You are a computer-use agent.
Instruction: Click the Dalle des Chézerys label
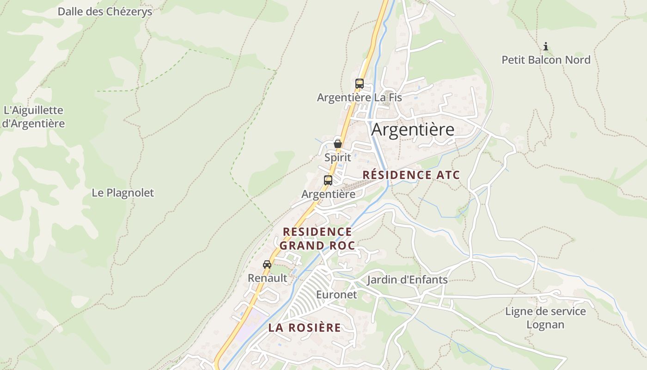[x=104, y=12]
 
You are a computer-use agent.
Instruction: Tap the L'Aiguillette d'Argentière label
[x=33, y=117]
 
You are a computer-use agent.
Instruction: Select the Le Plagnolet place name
[x=122, y=193]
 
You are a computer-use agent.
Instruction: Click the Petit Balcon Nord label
[x=546, y=60]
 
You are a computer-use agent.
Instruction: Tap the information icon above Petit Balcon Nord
[x=546, y=46]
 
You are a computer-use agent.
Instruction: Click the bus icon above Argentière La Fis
[x=359, y=84]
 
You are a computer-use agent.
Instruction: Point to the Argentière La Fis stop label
[x=359, y=98]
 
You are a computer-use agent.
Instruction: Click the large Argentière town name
[x=413, y=129]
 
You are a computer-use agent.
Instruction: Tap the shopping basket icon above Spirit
[x=338, y=144]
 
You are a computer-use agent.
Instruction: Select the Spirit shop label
[x=337, y=157]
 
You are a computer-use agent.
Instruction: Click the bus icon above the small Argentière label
[x=328, y=180]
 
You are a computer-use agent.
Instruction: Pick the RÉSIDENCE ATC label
[x=411, y=175]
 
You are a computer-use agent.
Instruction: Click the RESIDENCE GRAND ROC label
[x=317, y=238]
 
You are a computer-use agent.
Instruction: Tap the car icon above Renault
[x=267, y=265]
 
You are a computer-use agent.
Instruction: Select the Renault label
[x=267, y=278]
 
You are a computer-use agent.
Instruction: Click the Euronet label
[x=336, y=295]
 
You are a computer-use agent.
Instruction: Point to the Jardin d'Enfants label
[x=407, y=280]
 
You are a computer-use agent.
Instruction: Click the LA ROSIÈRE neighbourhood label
[x=305, y=328]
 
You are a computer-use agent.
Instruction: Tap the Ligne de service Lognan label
[x=545, y=318]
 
